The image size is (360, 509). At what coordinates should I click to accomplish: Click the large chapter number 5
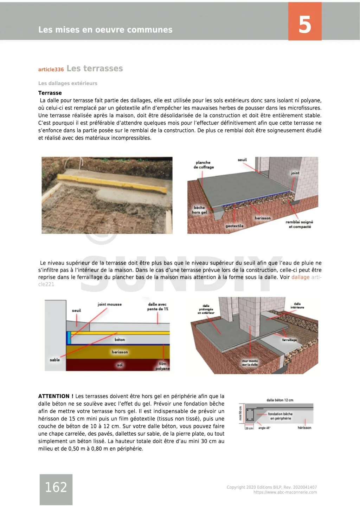click(304, 25)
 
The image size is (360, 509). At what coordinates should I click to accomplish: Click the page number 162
click(56, 487)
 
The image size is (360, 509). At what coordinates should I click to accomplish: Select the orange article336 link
click(51, 70)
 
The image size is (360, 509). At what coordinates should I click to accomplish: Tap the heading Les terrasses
click(95, 68)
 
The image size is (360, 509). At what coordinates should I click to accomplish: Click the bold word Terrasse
click(50, 93)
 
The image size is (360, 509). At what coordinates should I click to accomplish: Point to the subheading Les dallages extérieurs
click(68, 83)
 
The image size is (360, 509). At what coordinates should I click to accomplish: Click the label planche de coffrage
click(204, 165)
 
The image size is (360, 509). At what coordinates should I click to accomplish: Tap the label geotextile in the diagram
click(234, 226)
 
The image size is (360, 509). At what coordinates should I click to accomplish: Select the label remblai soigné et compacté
click(300, 224)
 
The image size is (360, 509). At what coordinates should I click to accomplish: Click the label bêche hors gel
click(199, 210)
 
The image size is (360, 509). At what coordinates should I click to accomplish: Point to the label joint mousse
click(109, 304)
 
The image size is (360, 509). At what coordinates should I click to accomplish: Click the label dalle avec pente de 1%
click(157, 307)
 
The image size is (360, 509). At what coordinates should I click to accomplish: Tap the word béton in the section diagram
click(120, 340)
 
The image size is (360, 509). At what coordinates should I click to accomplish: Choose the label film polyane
click(162, 366)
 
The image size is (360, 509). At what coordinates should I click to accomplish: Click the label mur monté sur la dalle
click(250, 363)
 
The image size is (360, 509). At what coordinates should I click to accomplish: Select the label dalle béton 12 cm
click(279, 400)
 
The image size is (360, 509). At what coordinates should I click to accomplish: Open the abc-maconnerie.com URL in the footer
click(285, 492)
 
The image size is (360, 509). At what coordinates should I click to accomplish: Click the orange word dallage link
click(301, 277)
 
